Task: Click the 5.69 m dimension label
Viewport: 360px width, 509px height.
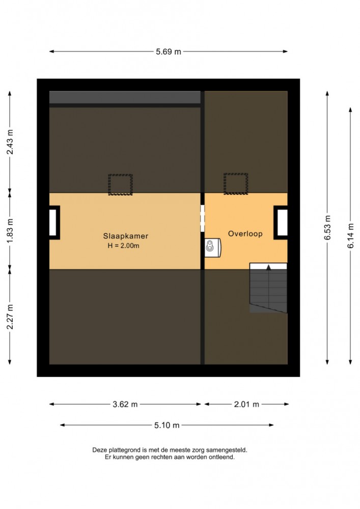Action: pyautogui.click(x=169, y=51)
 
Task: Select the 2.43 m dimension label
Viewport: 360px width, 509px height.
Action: pyautogui.click(x=10, y=142)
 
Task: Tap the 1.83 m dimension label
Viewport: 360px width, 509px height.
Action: pyautogui.click(x=10, y=230)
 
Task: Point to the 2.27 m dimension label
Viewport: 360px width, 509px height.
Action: pyautogui.click(x=10, y=317)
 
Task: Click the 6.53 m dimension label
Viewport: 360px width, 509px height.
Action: pyautogui.click(x=327, y=228)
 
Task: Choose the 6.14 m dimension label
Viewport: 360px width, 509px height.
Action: pyautogui.click(x=351, y=236)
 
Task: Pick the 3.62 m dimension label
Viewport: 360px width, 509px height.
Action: pyautogui.click(x=125, y=405)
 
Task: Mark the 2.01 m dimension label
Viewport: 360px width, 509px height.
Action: pyautogui.click(x=246, y=405)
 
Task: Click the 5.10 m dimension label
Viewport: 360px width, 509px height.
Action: pyautogui.click(x=167, y=425)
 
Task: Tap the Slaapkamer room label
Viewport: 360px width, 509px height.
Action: pyautogui.click(x=125, y=236)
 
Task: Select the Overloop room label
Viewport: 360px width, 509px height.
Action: pyautogui.click(x=245, y=234)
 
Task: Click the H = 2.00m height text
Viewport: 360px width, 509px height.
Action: pyautogui.click(x=124, y=246)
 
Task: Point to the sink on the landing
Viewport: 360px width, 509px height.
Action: pyautogui.click(x=213, y=248)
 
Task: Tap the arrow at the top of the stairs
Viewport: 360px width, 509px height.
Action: pyautogui.click(x=268, y=267)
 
